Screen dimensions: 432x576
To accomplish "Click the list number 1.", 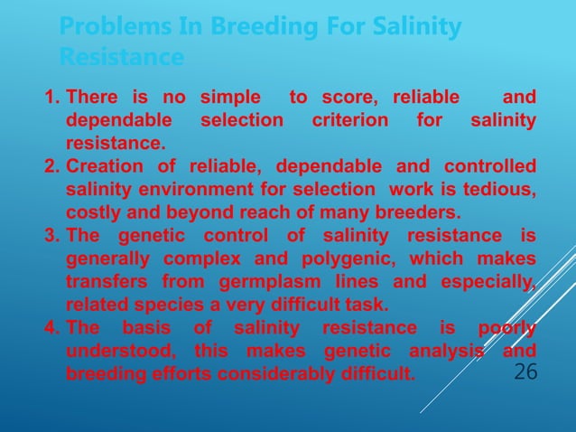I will click(x=51, y=98).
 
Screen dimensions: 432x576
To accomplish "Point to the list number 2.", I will click(x=51, y=167).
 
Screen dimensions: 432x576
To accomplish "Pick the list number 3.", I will click(x=51, y=237).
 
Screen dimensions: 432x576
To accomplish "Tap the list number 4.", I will click(x=51, y=326).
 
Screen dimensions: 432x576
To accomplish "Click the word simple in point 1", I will click(x=232, y=98).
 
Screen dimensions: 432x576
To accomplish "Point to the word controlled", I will click(x=490, y=167).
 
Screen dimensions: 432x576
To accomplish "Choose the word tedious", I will click(x=500, y=190).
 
